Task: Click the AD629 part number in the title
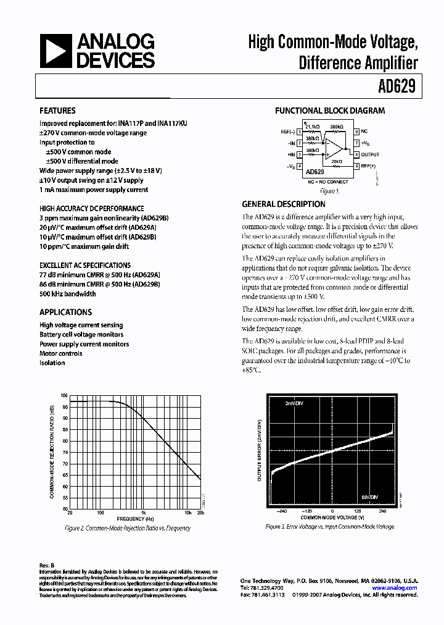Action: (x=399, y=86)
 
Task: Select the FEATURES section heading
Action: (x=57, y=111)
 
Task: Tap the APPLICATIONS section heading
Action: (x=65, y=312)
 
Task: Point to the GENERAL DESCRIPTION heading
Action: (x=283, y=204)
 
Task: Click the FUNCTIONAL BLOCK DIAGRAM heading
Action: (x=330, y=111)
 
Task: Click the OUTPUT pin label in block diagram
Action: (x=370, y=154)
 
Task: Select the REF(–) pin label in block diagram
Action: (x=287, y=131)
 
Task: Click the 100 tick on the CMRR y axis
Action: (x=64, y=395)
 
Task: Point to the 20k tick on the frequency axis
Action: (x=200, y=513)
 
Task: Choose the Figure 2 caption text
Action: (x=128, y=528)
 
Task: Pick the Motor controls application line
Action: (x=61, y=353)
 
